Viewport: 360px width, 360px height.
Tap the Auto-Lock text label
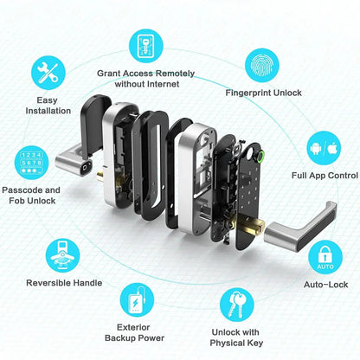(x=325, y=282)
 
